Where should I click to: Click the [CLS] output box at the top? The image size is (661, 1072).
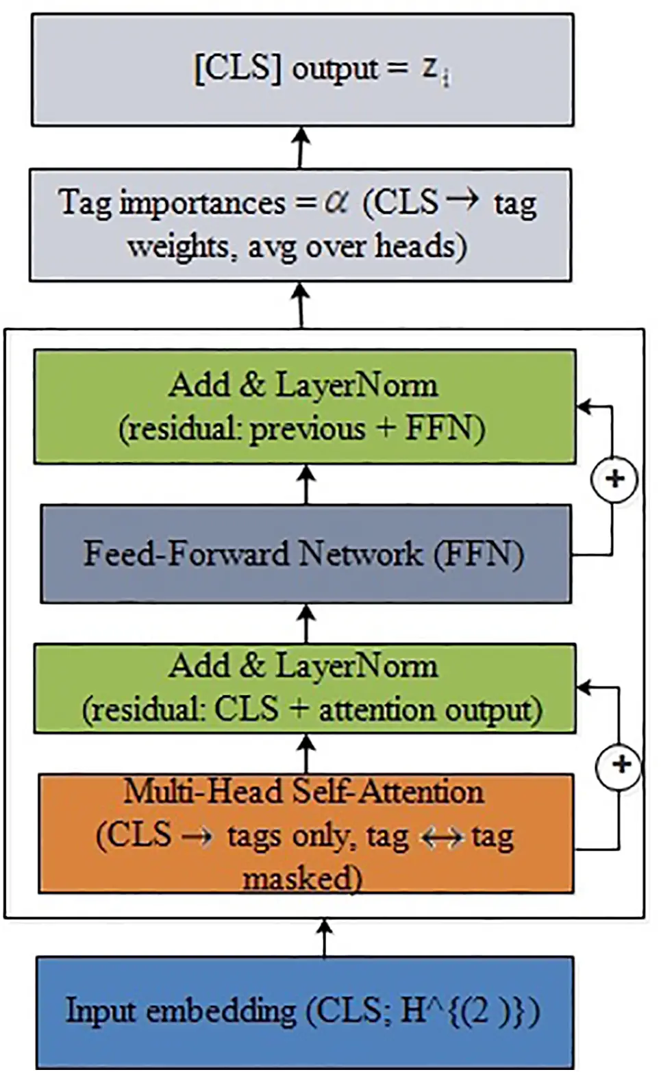click(x=302, y=70)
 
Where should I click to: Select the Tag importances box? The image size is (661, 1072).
click(x=300, y=225)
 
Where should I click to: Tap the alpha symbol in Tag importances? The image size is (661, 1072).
click(x=336, y=201)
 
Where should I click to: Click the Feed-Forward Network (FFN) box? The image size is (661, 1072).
click(x=305, y=554)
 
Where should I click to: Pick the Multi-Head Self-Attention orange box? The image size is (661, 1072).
click(x=305, y=834)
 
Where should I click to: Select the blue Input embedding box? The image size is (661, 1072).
click(x=305, y=1011)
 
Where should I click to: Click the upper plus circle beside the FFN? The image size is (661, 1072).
click(x=614, y=479)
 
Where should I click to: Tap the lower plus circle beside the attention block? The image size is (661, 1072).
click(x=620, y=764)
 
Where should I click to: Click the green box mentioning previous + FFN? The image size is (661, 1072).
click(x=305, y=407)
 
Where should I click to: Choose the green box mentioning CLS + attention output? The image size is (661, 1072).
click(x=305, y=688)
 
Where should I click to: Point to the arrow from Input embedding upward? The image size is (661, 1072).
click(x=325, y=938)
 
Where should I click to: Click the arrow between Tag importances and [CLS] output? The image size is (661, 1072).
click(x=300, y=147)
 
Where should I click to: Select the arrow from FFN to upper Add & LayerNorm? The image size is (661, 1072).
click(x=306, y=484)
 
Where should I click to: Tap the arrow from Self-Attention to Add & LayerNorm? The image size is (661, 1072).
click(x=306, y=753)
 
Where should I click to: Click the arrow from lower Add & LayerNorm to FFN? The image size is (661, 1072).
click(x=306, y=623)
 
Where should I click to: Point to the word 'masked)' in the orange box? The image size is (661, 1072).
click(x=302, y=878)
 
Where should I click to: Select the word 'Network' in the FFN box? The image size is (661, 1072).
click(x=361, y=553)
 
